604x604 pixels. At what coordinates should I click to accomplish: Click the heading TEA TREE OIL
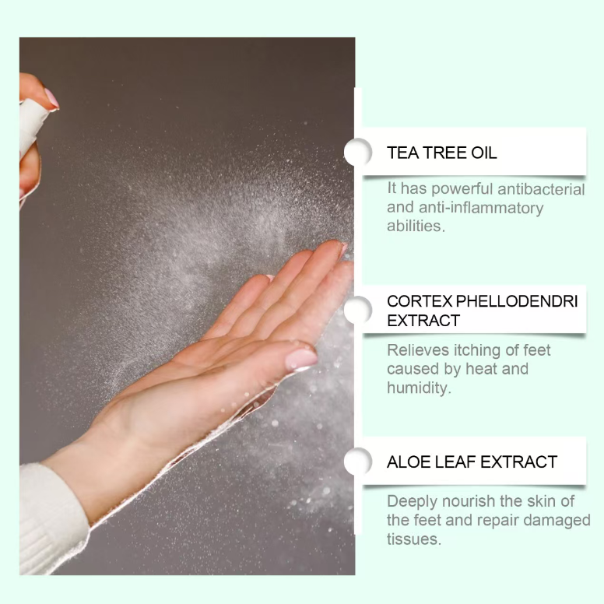coord(441,153)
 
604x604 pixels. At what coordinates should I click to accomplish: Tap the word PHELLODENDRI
coord(517,301)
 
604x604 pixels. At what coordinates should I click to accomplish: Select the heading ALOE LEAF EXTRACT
coord(472,462)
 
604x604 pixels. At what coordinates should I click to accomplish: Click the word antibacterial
coord(541,189)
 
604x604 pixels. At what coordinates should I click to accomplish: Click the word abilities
coord(416,226)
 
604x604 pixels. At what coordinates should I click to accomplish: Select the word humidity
coord(419,388)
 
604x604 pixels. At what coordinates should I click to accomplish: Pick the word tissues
coord(414,539)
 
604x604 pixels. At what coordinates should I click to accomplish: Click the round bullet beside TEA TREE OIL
coord(358,152)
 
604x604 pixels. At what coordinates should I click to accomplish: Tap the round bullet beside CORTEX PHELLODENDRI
coord(358,310)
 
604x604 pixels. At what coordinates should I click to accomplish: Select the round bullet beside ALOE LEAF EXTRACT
coord(358,461)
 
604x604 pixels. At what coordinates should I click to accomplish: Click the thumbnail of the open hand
coord(301,360)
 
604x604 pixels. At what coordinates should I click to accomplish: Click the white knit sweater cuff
coord(52,520)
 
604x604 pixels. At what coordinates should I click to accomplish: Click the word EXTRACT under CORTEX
coord(423,321)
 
